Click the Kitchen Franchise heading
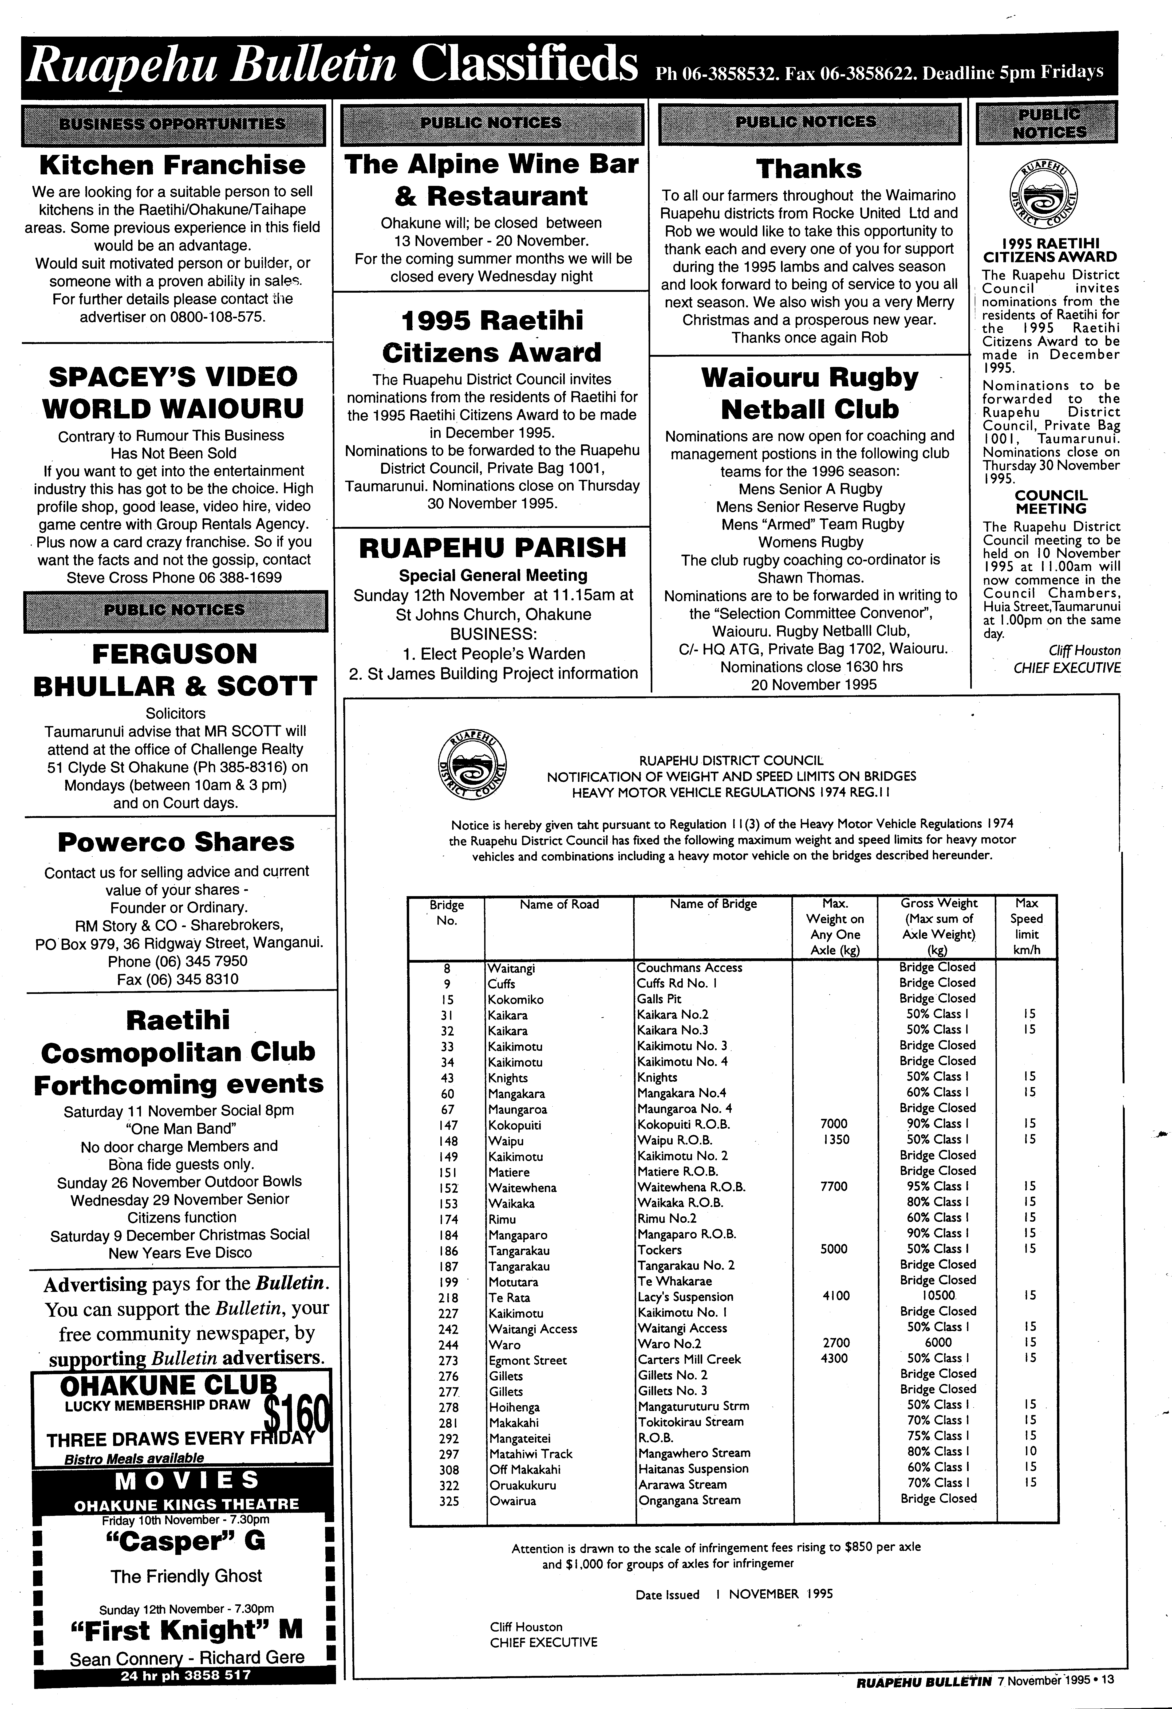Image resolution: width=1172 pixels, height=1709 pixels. (x=172, y=165)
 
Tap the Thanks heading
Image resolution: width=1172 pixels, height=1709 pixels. (x=809, y=168)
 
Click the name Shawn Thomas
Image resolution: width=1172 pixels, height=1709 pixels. (x=810, y=577)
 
